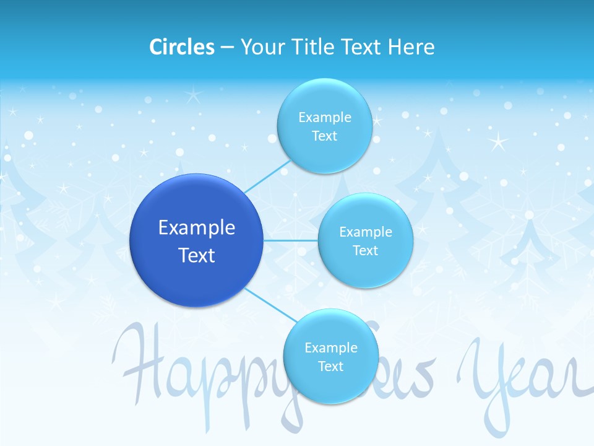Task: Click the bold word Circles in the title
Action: (x=181, y=46)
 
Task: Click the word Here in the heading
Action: (x=411, y=46)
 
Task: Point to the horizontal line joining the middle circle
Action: (x=291, y=240)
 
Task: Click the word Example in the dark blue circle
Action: (x=197, y=227)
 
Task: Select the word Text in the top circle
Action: (x=324, y=136)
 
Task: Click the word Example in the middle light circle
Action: (x=365, y=232)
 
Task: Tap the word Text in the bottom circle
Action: (x=330, y=366)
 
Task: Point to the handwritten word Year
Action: (x=520, y=378)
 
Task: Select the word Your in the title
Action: (x=262, y=46)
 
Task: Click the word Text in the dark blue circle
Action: (x=197, y=255)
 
